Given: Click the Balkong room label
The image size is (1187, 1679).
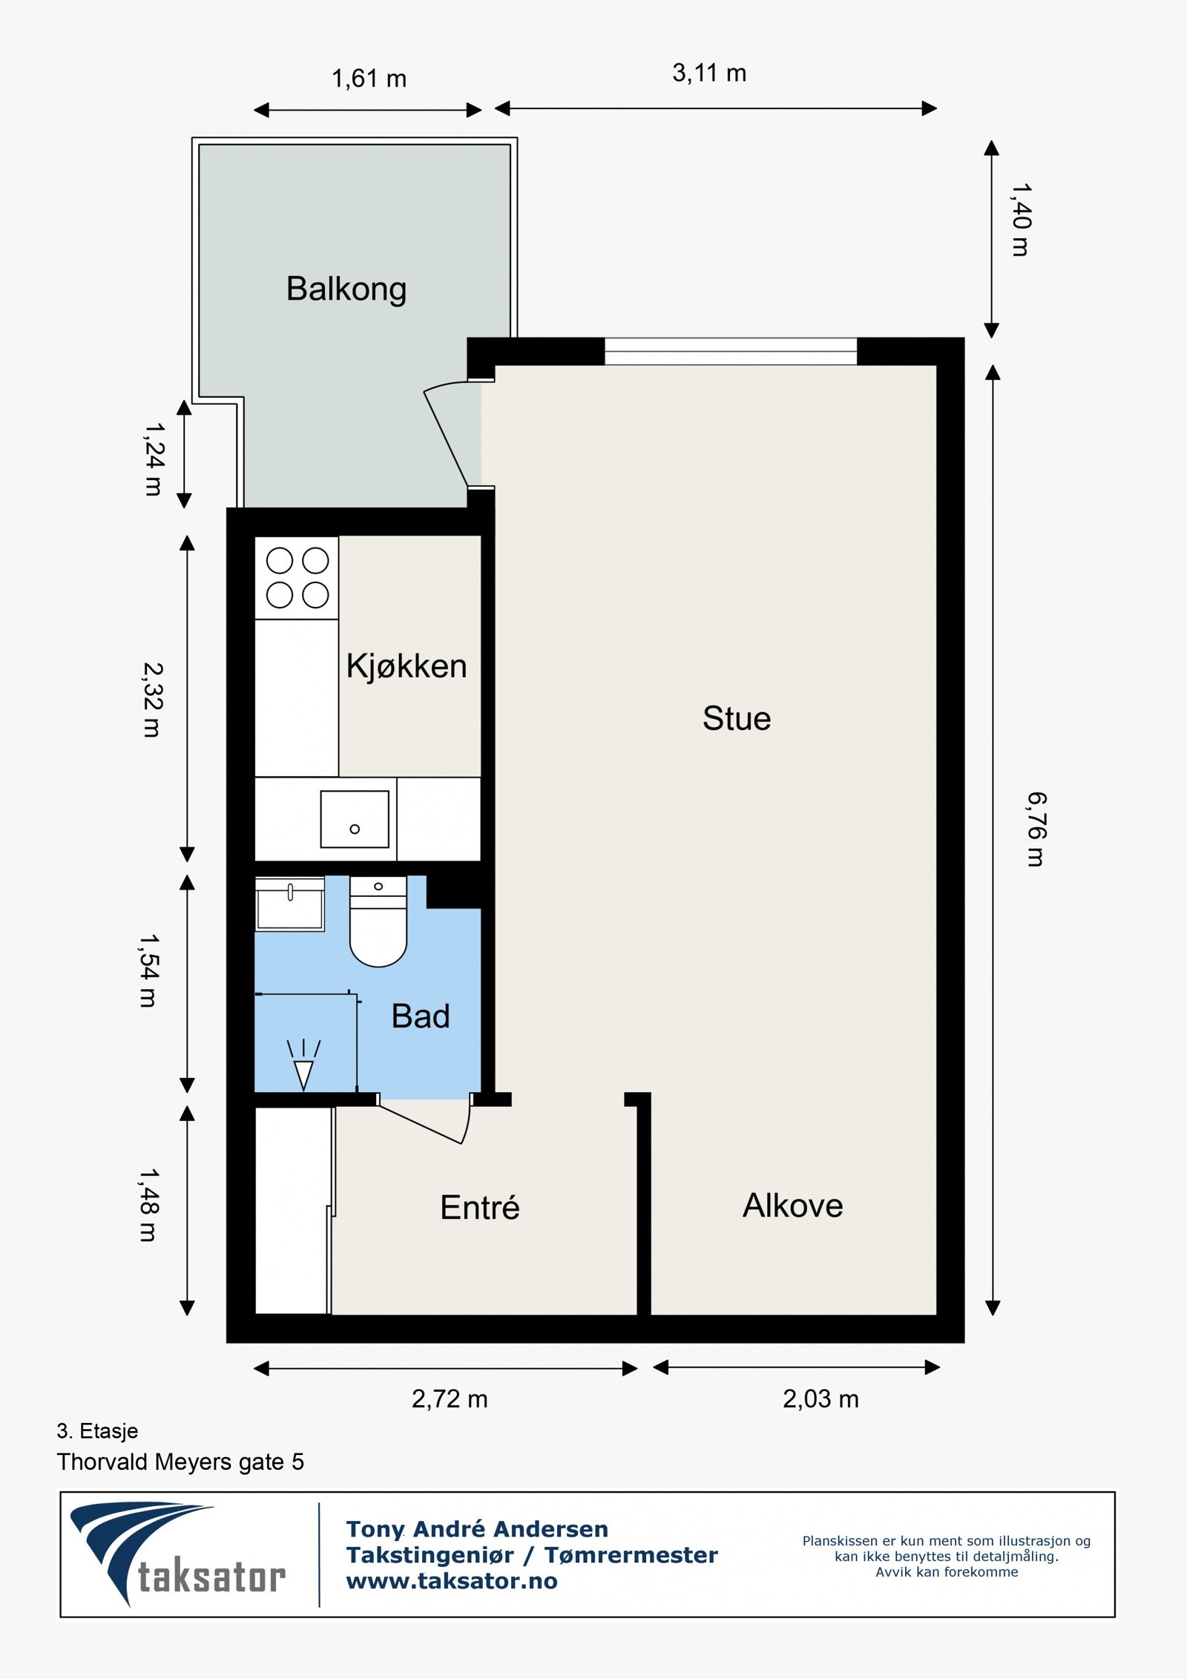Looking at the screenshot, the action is pos(346,289).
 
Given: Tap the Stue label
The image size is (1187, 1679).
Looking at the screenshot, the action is pos(737,718).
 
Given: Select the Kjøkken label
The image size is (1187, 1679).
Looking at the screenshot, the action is pos(407,666).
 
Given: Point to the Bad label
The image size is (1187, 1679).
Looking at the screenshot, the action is pos(421,1016).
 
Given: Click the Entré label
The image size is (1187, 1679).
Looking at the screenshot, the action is pos(480,1207).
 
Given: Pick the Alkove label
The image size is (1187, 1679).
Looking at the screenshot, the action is pos(793,1206).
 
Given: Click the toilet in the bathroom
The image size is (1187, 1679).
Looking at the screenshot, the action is pos(378,921).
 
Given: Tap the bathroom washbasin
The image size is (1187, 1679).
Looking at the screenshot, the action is pos(290,904).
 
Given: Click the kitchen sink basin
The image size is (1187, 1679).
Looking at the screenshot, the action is pos(355,819).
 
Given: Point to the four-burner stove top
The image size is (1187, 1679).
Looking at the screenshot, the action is pos(297,578).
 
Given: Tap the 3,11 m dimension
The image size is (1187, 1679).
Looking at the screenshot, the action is pos(709,73).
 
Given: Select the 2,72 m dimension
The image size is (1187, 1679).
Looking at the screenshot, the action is pos(450,1399).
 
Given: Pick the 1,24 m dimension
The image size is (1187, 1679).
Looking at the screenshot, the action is pos(154,459).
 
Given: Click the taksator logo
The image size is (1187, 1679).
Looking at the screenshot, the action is pos(177,1555).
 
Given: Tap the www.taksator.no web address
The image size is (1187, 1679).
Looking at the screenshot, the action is pos(452,1581).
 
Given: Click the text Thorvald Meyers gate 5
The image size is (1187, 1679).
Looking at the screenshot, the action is pos(180,1462).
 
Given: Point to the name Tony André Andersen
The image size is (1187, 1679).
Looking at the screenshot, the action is pos(477,1529).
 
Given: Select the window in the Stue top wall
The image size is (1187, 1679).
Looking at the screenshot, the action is pos(731,351).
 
